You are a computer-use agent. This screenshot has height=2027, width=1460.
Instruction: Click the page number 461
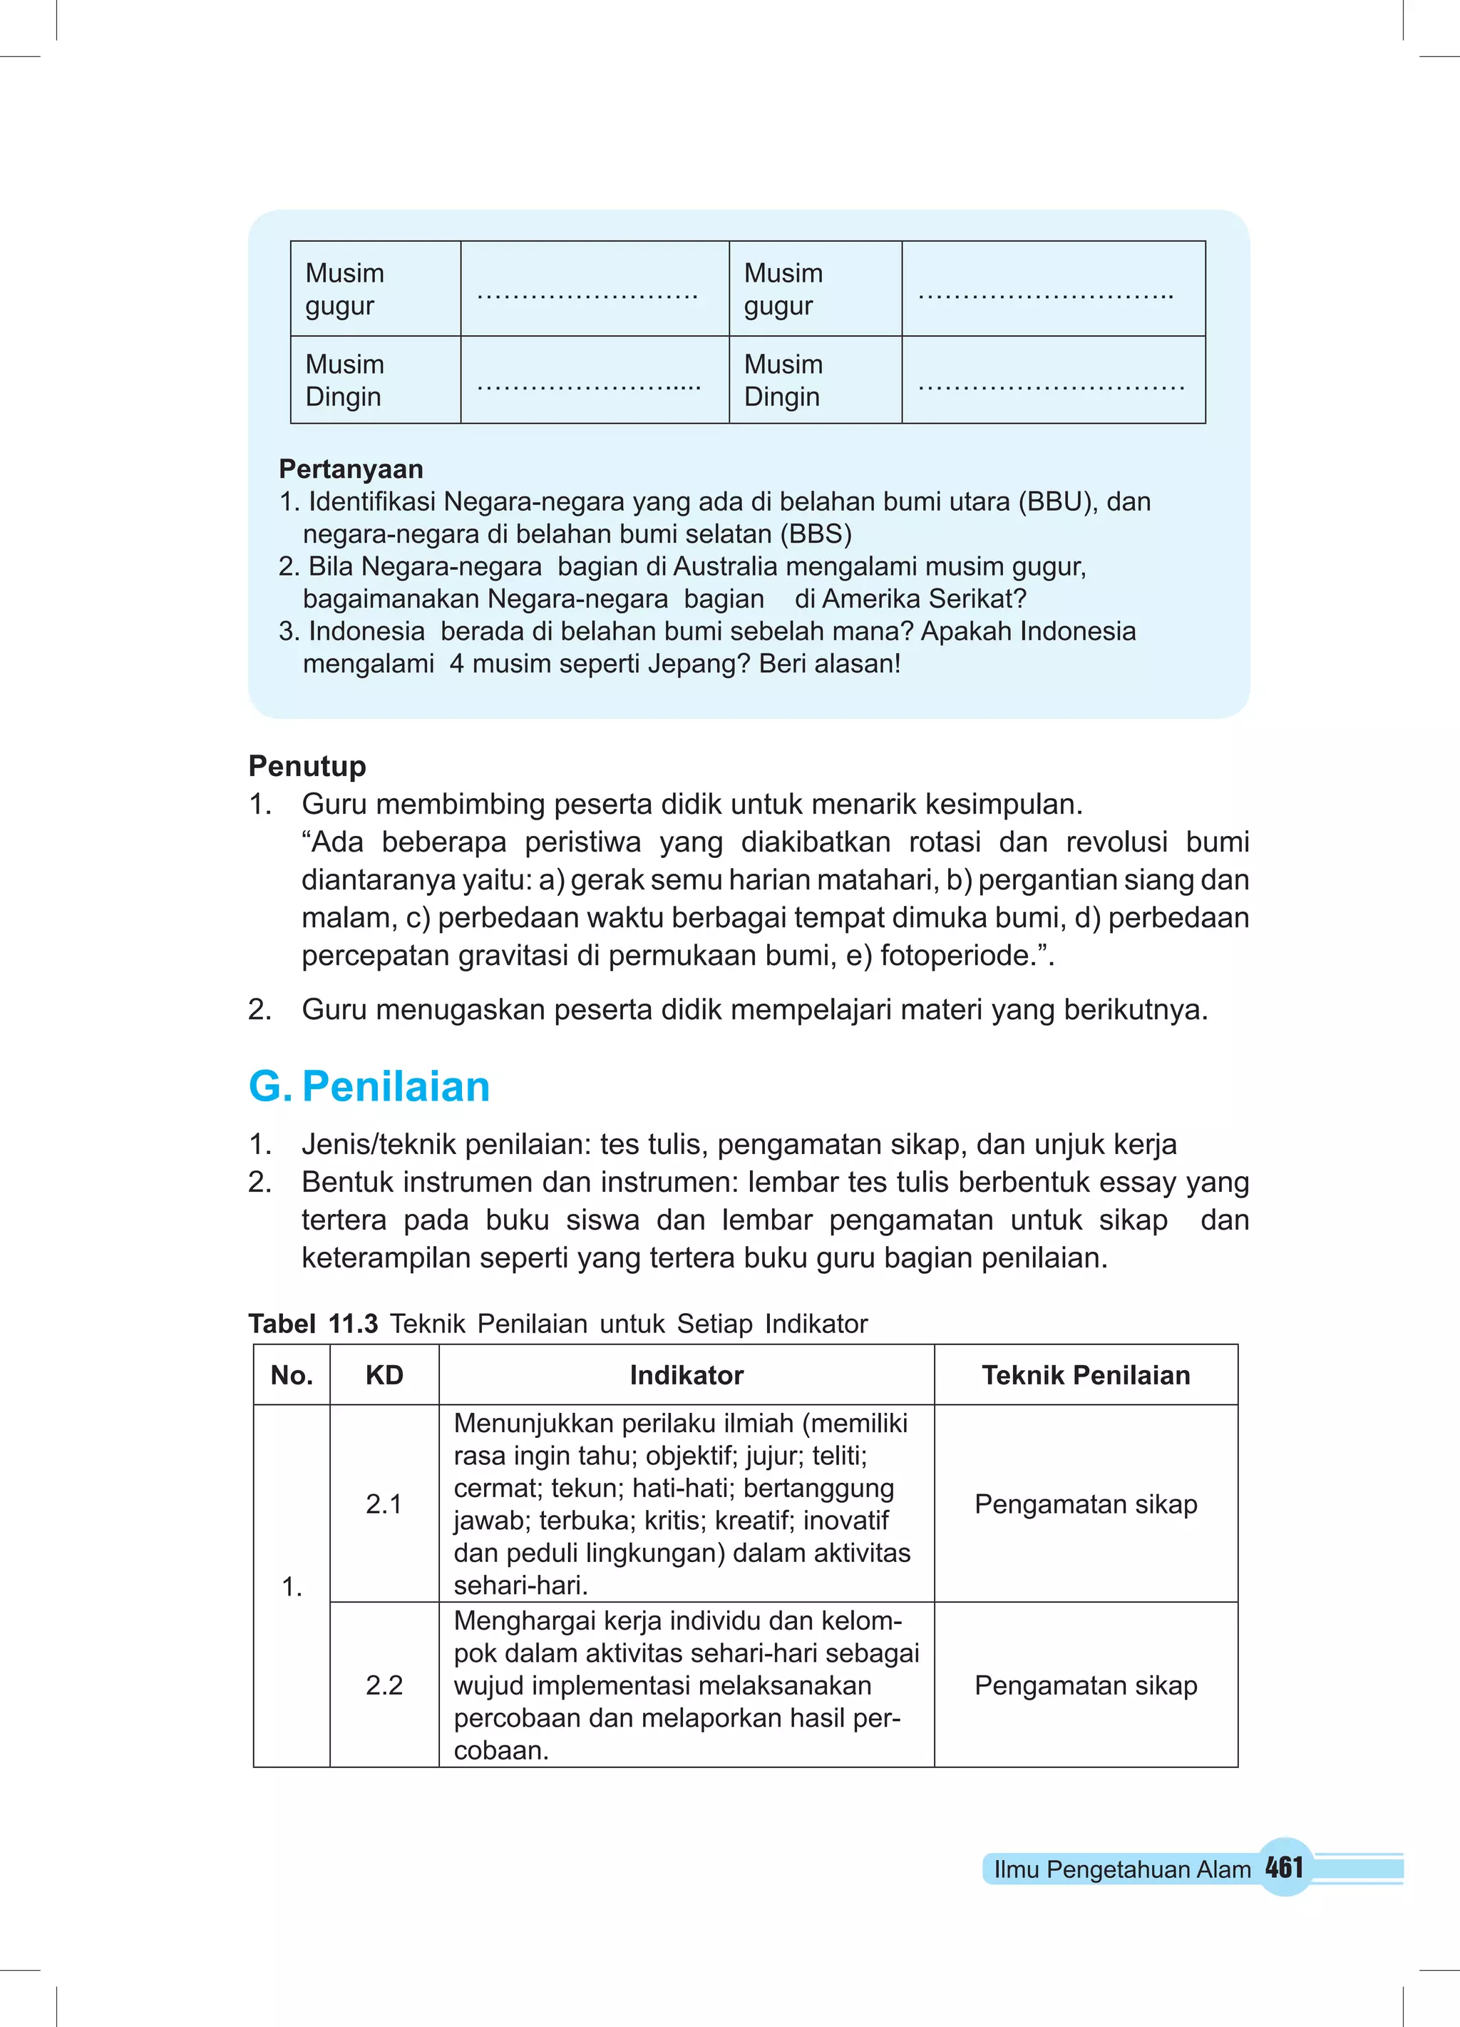pos(1284,1867)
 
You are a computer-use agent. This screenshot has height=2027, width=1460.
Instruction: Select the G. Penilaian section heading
pos(369,1087)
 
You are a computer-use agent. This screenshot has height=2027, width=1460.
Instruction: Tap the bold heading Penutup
pos(307,766)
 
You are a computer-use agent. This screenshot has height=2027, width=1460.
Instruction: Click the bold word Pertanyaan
pos(351,469)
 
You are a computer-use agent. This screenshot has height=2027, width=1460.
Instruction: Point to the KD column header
pos(384,1374)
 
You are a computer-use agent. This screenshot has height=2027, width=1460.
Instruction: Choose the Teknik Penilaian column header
pos(1086,1374)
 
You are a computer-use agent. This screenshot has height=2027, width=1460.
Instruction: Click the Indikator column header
pos(687,1374)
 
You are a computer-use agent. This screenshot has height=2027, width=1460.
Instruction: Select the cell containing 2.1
pos(384,1503)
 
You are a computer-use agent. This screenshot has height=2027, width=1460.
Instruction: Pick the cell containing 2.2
pos(384,1685)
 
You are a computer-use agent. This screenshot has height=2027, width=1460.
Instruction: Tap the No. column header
pos(292,1374)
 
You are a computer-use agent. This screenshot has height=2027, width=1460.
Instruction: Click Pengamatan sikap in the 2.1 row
pos(1086,1503)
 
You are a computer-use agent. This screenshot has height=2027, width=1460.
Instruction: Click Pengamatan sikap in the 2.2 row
pos(1086,1685)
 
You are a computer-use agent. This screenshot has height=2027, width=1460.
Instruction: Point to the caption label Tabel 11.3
pos(314,1324)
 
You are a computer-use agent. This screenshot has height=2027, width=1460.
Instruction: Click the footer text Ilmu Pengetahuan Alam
pos(1122,1869)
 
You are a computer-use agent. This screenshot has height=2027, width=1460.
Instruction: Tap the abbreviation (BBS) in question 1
pos(816,534)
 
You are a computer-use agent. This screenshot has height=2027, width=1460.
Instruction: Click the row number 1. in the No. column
pos(292,1586)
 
